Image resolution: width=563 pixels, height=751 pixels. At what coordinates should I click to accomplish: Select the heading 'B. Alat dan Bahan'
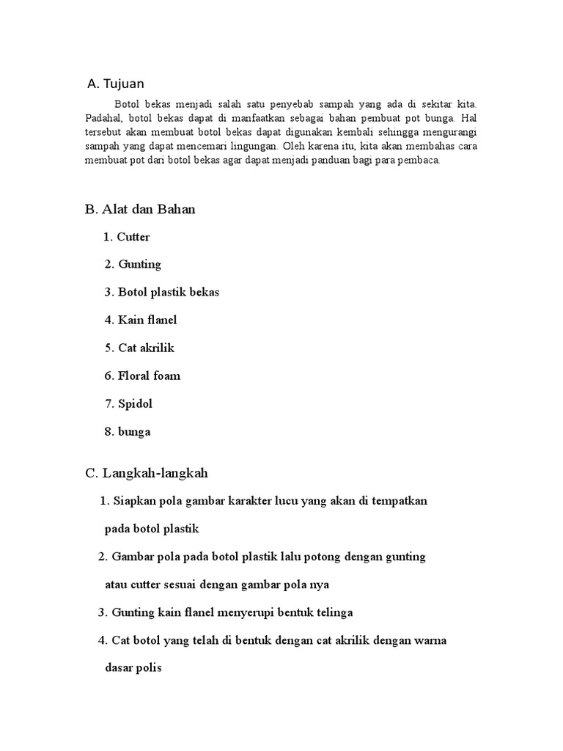(140, 210)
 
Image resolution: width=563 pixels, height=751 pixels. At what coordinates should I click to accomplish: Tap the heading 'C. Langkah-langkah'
(151, 474)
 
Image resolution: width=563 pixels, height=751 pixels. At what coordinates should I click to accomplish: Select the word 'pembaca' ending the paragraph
(421, 161)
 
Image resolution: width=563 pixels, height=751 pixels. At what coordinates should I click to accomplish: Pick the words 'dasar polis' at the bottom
(133, 668)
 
